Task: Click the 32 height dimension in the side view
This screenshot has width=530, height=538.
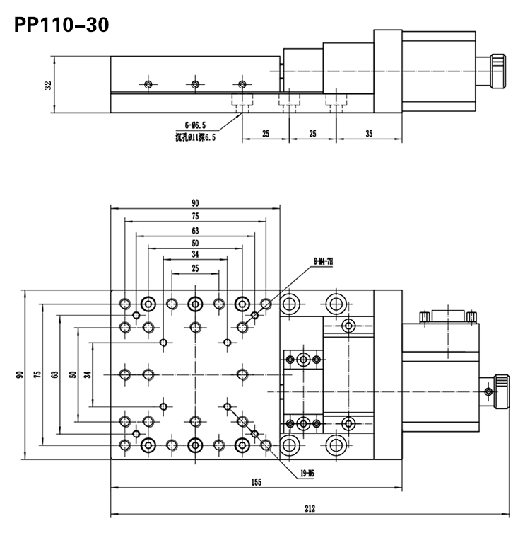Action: point(47,84)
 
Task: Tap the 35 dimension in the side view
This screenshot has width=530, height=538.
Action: point(369,133)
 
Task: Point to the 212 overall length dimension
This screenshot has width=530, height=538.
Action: point(310,508)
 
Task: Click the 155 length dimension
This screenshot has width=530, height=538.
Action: point(256,482)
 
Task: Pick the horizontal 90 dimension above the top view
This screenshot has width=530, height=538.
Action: point(194,202)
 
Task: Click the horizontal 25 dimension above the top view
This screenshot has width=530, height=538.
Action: point(194,268)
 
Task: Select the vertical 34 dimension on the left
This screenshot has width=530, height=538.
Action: point(88,374)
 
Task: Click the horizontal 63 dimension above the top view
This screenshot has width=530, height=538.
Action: point(194,230)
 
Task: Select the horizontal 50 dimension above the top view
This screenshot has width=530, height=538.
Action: point(194,243)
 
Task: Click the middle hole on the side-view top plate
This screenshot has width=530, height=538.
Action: point(195,84)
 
